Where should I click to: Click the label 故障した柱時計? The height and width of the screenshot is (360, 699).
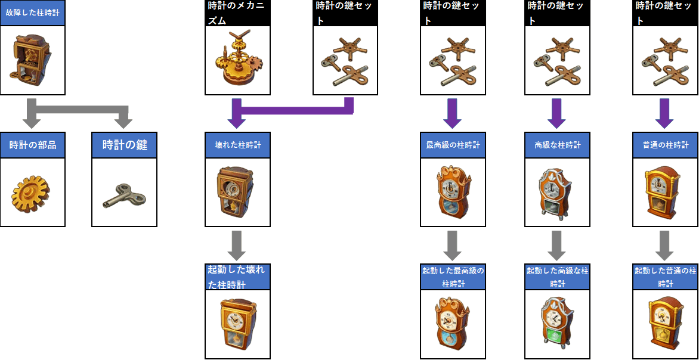coord(32,12)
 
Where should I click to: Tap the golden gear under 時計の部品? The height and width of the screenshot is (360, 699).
coord(30,193)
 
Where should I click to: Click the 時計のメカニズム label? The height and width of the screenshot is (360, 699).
coord(237,13)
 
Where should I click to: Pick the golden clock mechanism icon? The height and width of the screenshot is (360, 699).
coord(237,61)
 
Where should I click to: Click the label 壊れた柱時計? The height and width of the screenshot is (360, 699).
coord(237,145)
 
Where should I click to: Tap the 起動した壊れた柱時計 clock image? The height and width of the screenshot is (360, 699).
coord(237,324)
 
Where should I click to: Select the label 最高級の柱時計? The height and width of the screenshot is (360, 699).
coord(453,145)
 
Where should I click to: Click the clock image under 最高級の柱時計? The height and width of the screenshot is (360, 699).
coord(453,193)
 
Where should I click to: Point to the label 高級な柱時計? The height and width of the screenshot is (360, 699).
coord(557,145)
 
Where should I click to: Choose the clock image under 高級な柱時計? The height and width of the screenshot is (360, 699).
coord(557,193)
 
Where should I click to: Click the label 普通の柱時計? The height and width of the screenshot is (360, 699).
coord(665,145)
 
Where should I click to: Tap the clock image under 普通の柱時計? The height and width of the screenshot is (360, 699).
coord(665,193)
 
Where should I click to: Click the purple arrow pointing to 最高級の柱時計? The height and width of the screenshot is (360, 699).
coord(452,113)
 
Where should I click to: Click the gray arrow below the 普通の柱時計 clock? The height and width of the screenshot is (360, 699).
coord(665,243)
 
